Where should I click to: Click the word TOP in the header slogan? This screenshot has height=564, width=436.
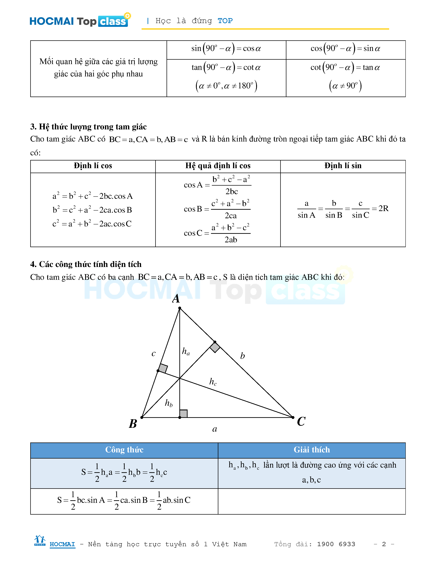[225, 21]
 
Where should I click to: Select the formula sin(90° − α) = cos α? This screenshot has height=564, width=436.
[226, 49]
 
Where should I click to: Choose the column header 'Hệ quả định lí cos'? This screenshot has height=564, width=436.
[218, 166]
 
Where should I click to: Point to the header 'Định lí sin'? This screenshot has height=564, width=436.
[343, 166]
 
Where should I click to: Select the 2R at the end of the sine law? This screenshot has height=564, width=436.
[383, 208]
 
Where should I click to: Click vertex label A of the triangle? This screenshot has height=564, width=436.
[176, 299]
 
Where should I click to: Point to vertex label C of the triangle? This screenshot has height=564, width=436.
[301, 421]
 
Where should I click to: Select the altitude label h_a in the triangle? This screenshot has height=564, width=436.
[186, 351]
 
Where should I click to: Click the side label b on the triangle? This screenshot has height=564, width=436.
[242, 356]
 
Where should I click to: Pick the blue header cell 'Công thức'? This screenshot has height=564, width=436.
[124, 450]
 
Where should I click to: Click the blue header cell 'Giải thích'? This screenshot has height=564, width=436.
[312, 450]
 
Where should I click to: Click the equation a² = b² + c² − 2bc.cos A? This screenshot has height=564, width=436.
[93, 196]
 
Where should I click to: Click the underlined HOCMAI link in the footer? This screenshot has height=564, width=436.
[62, 544]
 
